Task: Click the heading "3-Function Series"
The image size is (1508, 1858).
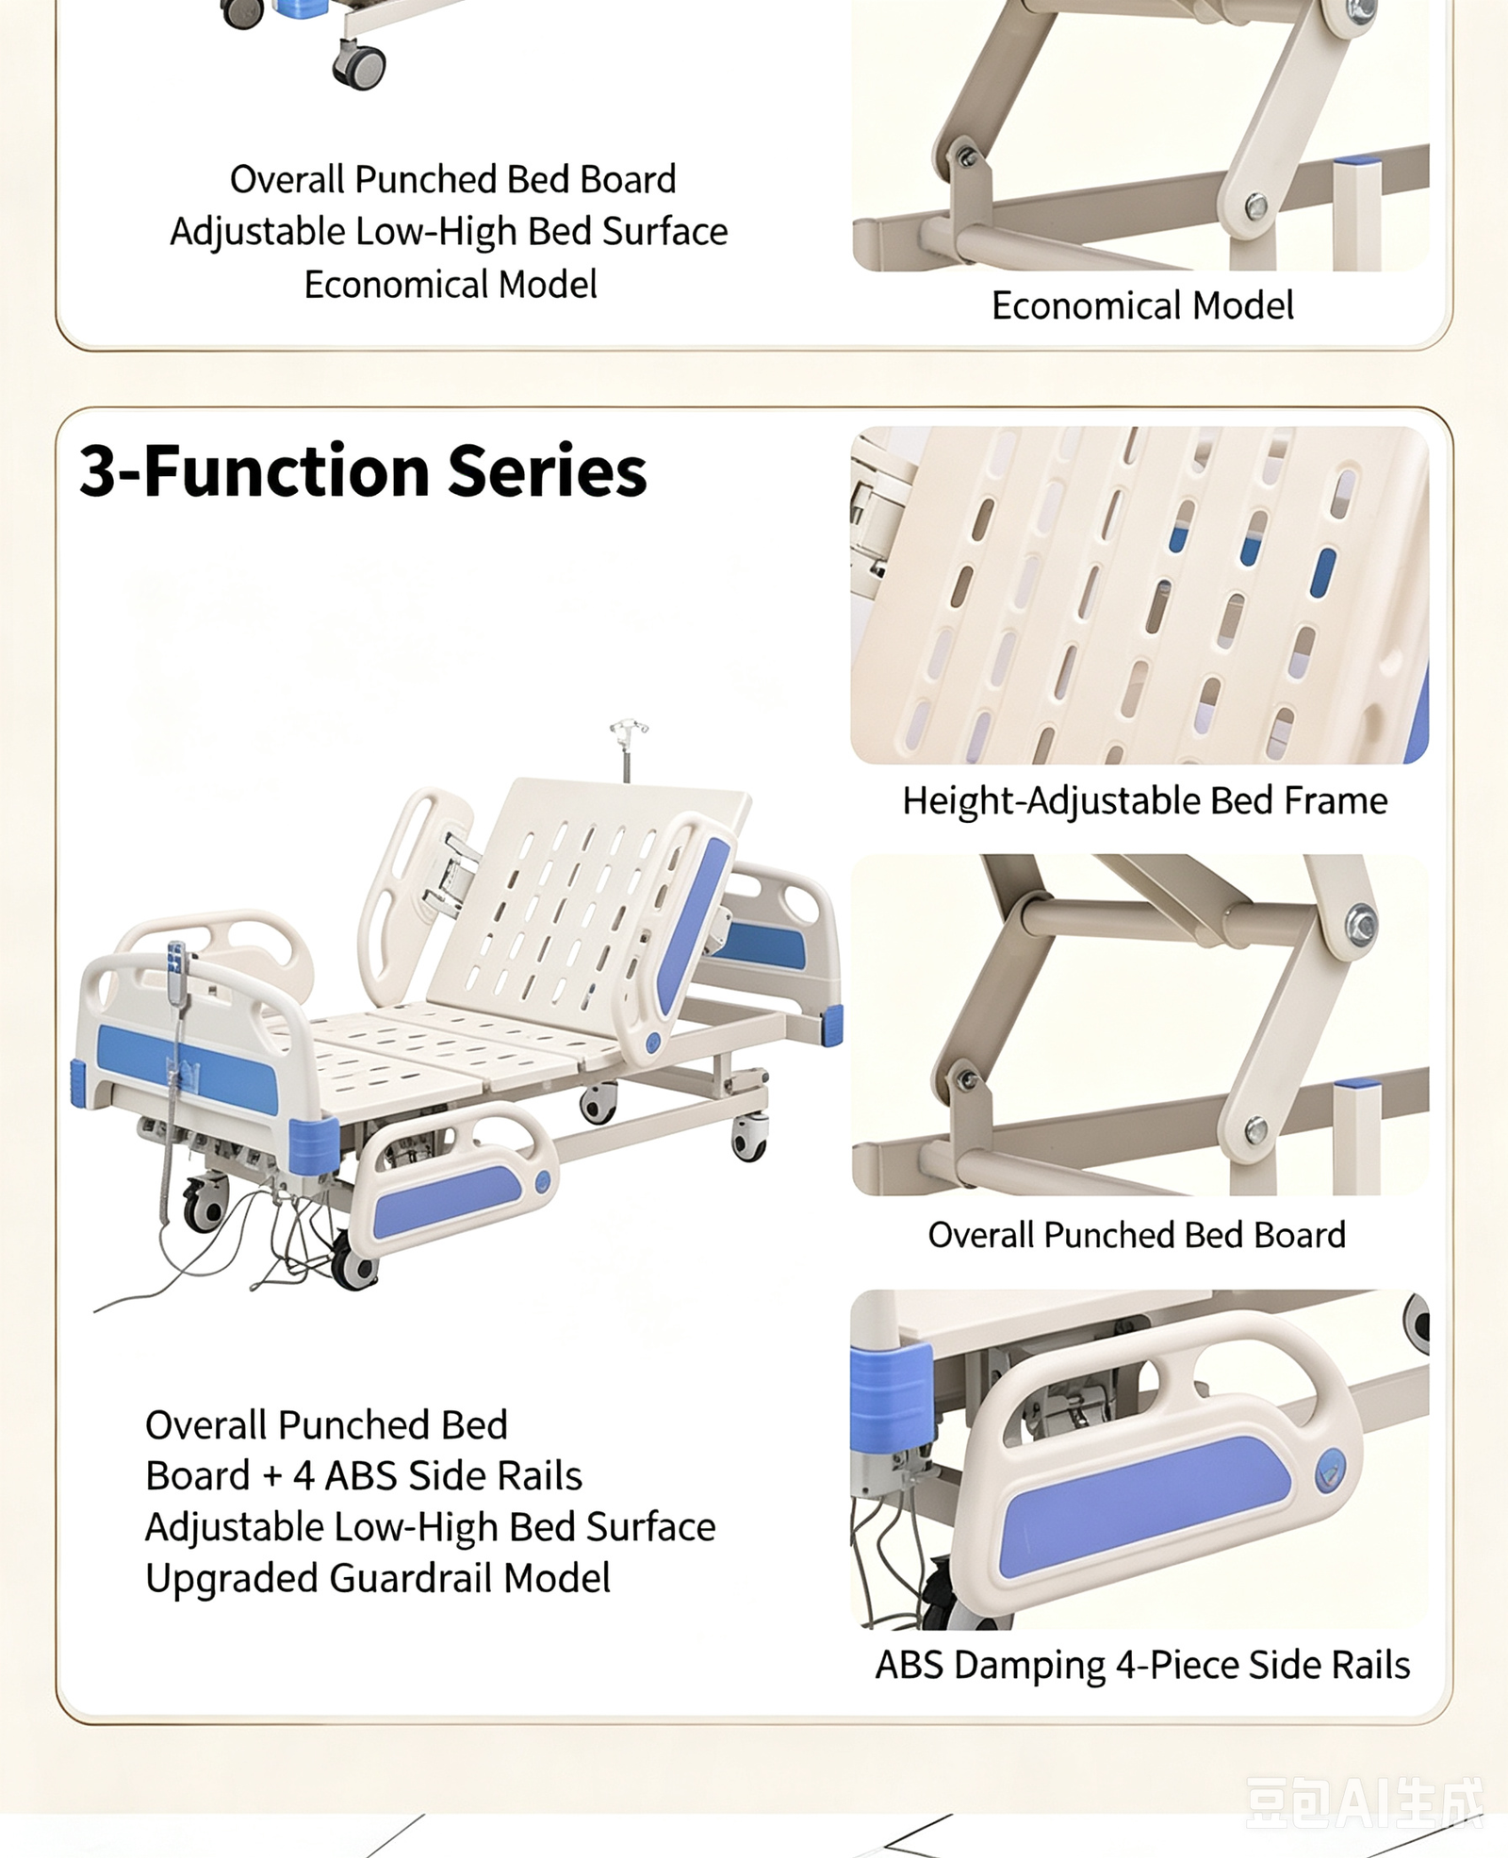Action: coord(363,470)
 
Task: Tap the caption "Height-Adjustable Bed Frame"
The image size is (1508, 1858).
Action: coord(1144,801)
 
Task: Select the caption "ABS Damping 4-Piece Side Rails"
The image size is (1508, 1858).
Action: coord(1142,1665)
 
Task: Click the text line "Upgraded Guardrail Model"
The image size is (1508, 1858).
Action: coord(378,1578)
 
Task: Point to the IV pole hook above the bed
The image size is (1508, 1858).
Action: coord(628,730)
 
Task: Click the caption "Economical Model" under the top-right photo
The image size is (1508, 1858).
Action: coord(1142,305)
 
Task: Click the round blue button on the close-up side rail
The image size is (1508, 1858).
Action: coord(1331,1470)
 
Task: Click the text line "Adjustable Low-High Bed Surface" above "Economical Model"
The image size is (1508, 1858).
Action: coord(449,232)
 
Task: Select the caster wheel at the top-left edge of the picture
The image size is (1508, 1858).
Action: coord(242,12)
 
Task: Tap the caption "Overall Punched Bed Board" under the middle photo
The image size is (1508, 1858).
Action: coord(1137,1235)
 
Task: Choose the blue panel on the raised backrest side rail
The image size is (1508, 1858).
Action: coord(693,924)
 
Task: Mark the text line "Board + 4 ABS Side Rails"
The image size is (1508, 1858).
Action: coord(364,1476)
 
